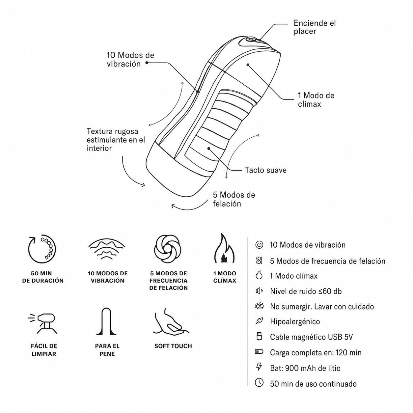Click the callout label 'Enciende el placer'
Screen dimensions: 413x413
click(315, 27)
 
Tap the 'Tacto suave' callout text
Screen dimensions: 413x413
click(266, 170)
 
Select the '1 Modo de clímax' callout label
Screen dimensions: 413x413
click(316, 100)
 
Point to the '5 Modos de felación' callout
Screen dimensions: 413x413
click(234, 199)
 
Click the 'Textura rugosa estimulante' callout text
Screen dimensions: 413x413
click(116, 140)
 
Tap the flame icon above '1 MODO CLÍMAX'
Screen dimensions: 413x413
click(224, 248)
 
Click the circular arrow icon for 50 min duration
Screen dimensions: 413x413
click(42, 250)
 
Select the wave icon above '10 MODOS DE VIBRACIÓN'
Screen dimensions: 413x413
click(107, 249)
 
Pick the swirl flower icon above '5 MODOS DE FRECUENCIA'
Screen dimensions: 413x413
click(168, 249)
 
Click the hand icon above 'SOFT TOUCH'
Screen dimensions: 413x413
click(171, 321)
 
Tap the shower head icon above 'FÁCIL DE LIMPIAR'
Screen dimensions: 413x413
click(43, 323)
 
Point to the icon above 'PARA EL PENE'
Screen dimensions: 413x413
click(106, 321)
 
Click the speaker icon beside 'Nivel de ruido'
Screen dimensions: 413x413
click(259, 291)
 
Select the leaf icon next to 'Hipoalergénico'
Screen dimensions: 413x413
click(259, 321)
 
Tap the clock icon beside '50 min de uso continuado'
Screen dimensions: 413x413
click(259, 383)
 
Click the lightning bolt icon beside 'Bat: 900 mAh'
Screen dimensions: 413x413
click(259, 367)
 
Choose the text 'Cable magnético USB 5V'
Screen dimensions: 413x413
click(311, 337)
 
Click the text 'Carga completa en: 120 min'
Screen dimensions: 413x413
click(316, 352)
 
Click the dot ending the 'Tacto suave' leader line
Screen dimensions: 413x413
click(209, 148)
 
